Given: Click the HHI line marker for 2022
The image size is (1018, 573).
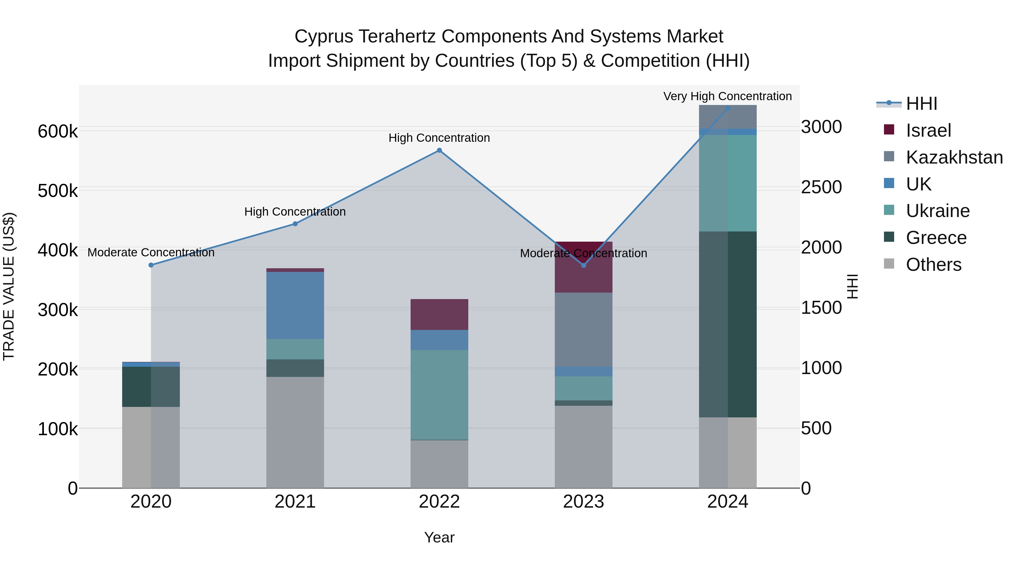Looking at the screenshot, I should tap(439, 150).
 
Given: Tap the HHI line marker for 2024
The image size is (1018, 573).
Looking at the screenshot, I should tap(728, 108).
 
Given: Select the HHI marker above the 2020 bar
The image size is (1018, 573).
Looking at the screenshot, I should tap(151, 265).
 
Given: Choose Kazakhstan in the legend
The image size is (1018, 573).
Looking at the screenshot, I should tap(954, 157).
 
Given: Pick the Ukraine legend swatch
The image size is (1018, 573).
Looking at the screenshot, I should tap(889, 210).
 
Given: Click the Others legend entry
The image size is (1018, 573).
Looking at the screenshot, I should tap(933, 265).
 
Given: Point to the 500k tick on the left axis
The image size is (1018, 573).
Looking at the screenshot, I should tap(58, 191).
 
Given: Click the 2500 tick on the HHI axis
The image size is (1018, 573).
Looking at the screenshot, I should tap(821, 187).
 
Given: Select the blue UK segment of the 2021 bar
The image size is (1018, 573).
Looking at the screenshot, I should tap(295, 305).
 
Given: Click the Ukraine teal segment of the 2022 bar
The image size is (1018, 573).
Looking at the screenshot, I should tap(439, 395).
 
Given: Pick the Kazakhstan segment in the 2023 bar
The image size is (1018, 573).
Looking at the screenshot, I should tap(583, 329).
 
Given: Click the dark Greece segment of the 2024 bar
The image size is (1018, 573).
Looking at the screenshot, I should tap(728, 324).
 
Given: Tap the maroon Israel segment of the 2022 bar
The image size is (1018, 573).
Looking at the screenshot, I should tap(439, 314).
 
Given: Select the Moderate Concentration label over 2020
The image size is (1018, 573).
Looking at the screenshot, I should tap(151, 252).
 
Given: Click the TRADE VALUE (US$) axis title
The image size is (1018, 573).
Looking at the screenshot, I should tap(9, 286).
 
